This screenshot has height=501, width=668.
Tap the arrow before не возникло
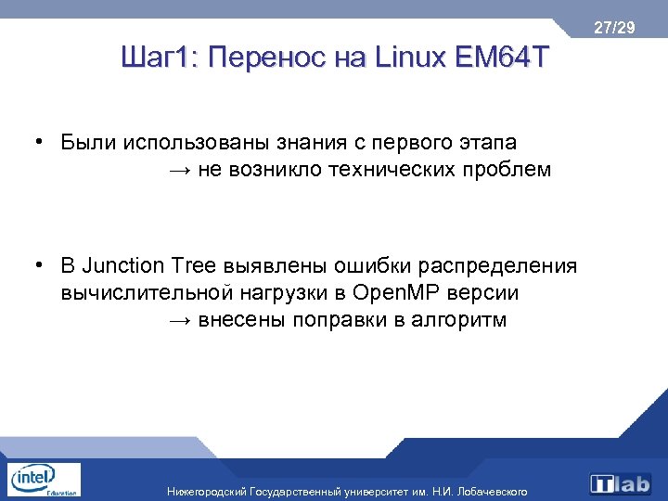coord(180,170)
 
